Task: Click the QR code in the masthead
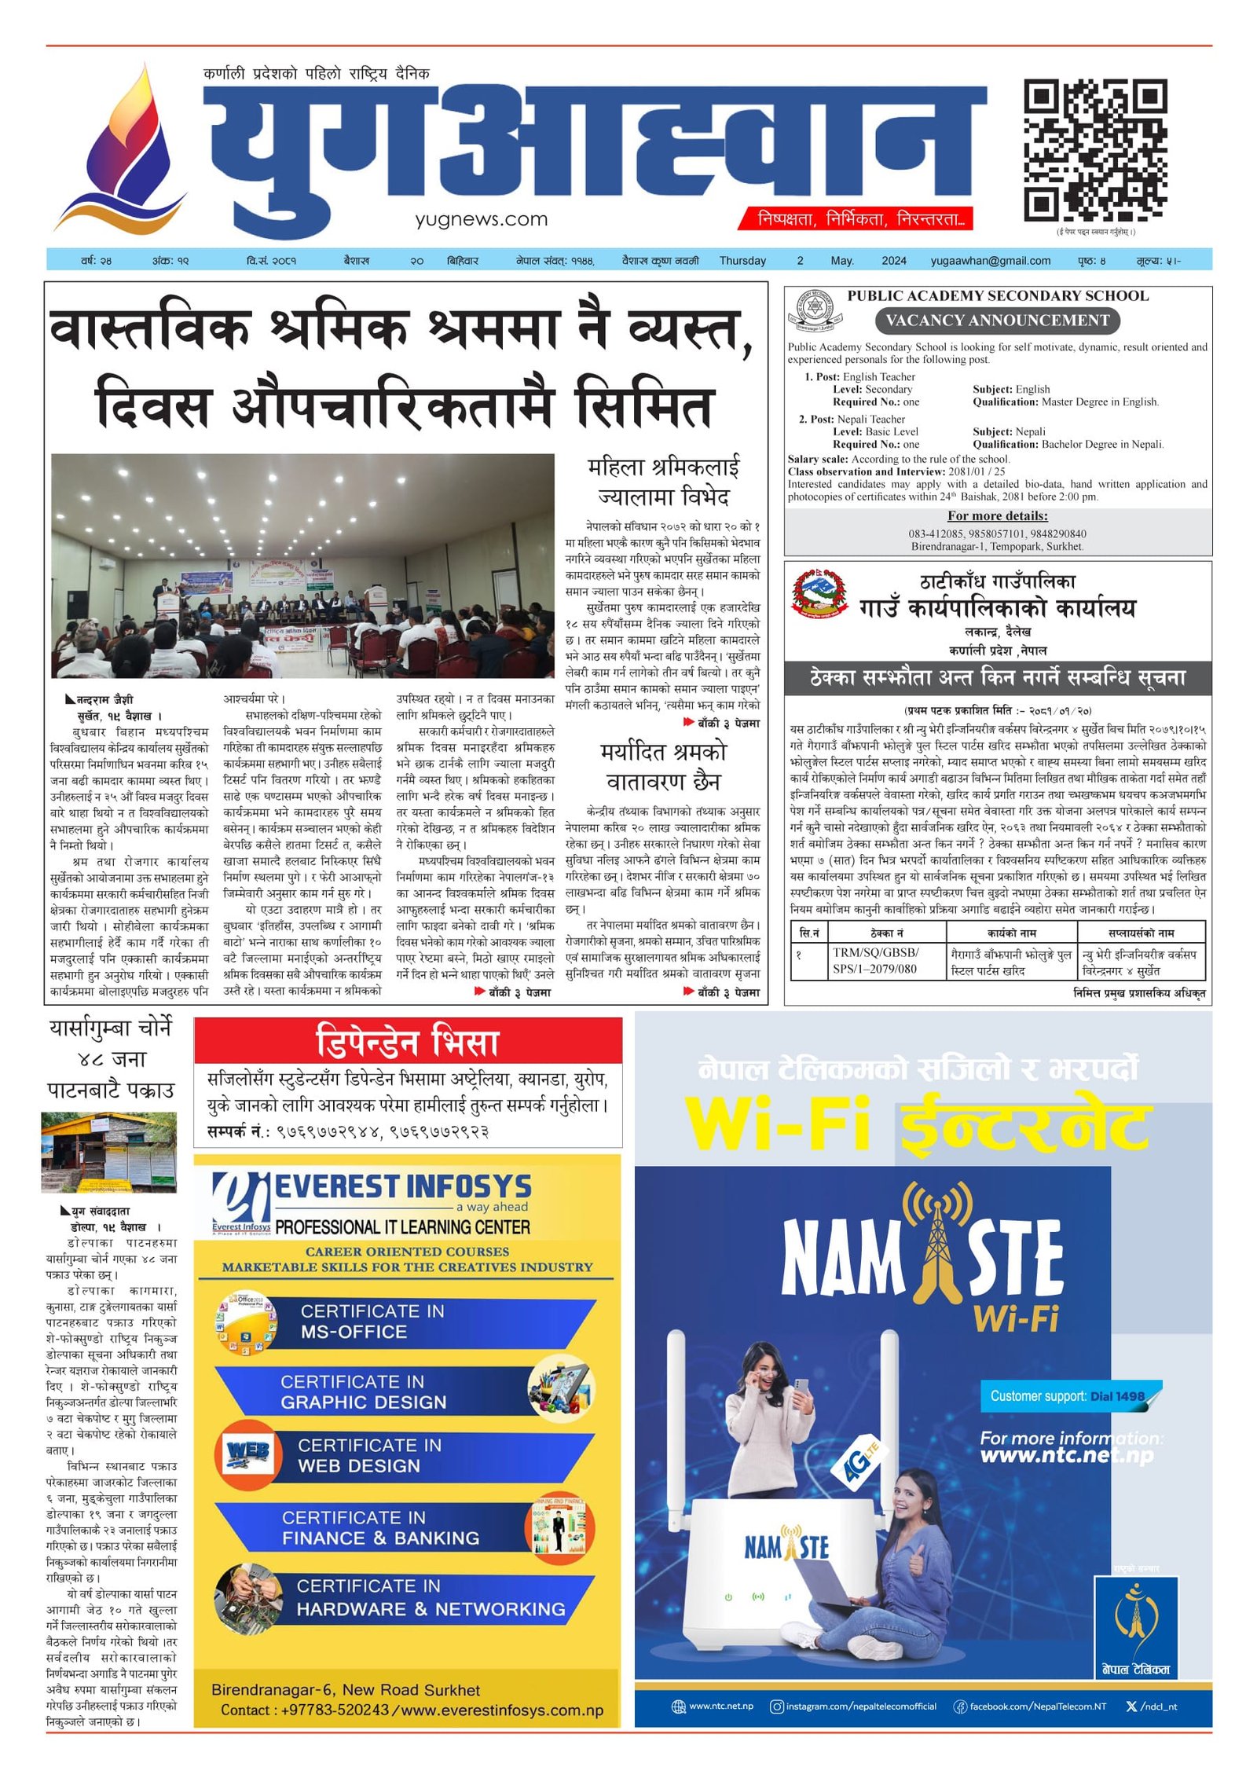(x=1094, y=150)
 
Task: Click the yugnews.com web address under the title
(x=481, y=220)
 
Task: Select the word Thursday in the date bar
(x=742, y=261)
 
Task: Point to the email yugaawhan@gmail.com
(x=990, y=261)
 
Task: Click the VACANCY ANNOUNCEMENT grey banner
(x=997, y=321)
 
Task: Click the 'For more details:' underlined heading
(x=997, y=516)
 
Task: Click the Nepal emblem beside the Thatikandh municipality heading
(x=819, y=593)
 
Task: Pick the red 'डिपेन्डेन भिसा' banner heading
(x=407, y=1042)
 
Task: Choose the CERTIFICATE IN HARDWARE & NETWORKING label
(x=431, y=1598)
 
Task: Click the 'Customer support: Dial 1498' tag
(x=1067, y=1396)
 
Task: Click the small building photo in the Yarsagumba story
(x=108, y=1152)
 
